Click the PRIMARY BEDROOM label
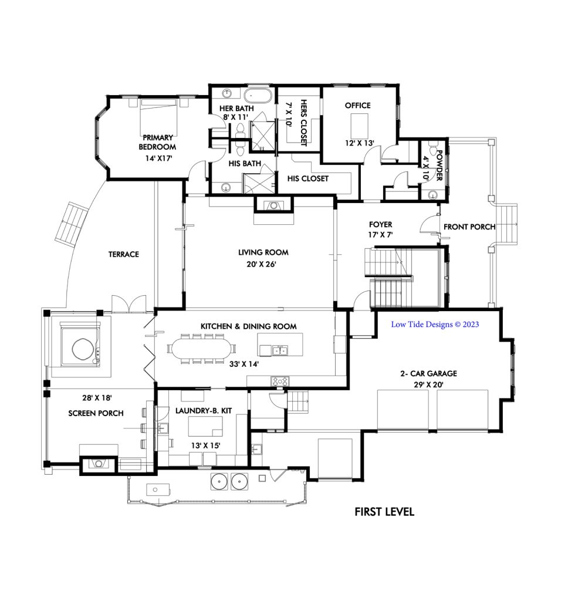point(157,142)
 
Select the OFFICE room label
point(357,106)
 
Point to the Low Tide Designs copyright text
point(435,324)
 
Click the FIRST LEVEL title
point(384,512)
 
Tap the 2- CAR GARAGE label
point(434,373)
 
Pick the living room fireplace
point(273,205)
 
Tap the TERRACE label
point(123,254)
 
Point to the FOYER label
point(380,224)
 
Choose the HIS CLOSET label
point(307,178)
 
